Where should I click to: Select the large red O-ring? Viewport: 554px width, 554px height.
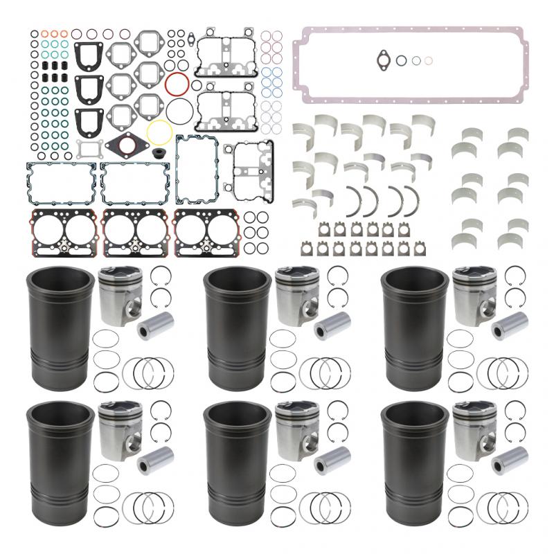point(178,84)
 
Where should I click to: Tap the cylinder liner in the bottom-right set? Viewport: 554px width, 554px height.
point(413,457)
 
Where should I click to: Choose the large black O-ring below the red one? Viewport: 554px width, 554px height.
point(181,110)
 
